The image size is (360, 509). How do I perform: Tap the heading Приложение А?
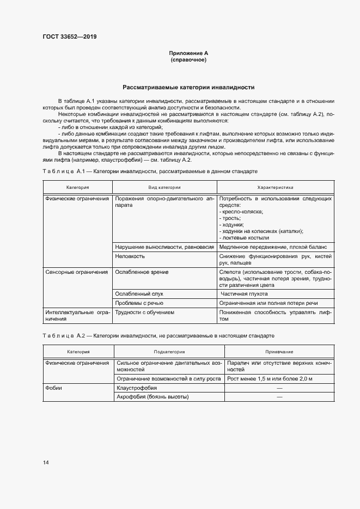pos(188,53)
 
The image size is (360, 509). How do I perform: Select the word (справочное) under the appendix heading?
pos(188,59)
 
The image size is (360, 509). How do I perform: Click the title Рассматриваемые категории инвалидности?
pos(188,87)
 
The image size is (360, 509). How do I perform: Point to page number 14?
pos(46,463)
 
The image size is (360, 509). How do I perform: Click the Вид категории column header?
pos(164,187)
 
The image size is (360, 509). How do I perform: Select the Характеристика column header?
pos(274,187)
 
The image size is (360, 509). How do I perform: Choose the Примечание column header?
pos(279,352)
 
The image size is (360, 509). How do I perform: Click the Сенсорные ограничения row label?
pos(77,272)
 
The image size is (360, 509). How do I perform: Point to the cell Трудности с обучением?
pos(145,312)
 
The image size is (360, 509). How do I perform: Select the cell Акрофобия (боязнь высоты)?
pos(152,397)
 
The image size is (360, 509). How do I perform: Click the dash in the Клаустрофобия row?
pos(279,388)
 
